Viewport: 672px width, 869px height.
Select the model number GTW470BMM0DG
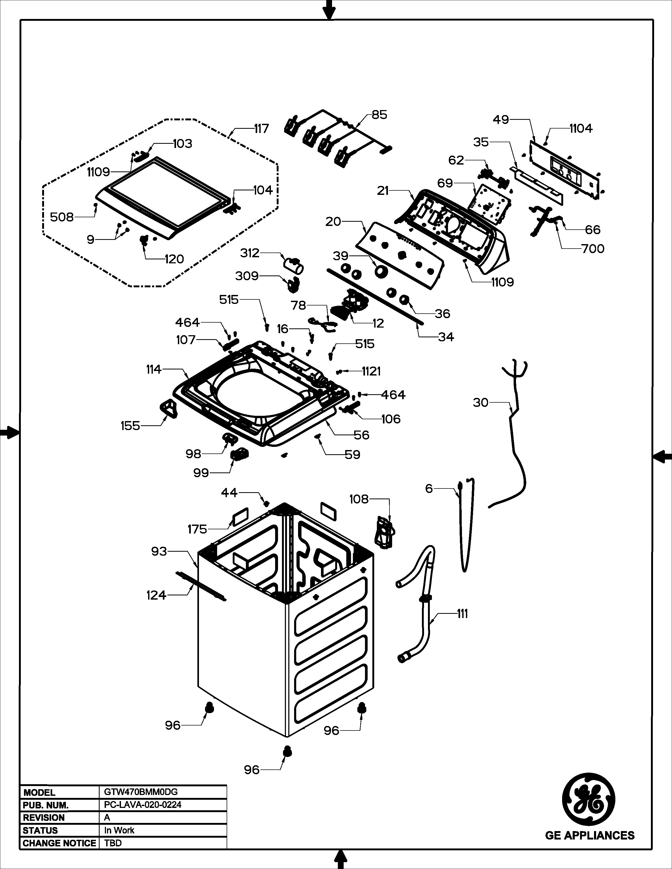[138, 792]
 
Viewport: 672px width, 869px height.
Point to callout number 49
[501, 119]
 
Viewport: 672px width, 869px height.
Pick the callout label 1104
[581, 128]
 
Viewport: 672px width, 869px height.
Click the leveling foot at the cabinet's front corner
[287, 752]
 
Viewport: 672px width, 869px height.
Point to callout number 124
[156, 595]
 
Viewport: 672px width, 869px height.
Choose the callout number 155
[130, 426]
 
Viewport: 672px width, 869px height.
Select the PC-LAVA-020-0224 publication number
[143, 804]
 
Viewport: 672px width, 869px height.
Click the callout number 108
[359, 499]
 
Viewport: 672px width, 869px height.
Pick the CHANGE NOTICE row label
[59, 843]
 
